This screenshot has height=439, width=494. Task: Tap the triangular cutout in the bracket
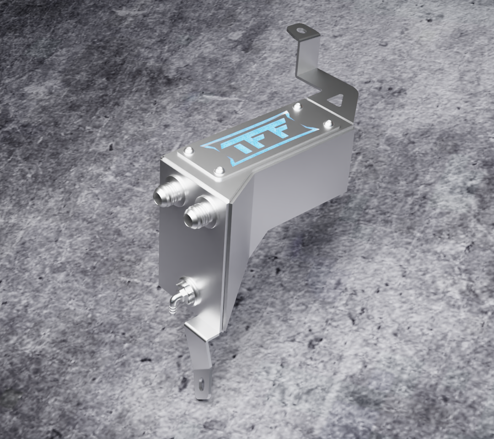(337, 98)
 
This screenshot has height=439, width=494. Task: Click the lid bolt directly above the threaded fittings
(218, 171)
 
